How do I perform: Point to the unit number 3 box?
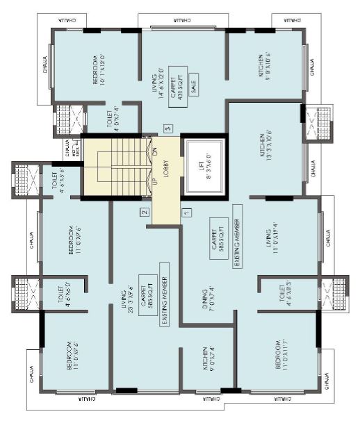(x=167, y=128)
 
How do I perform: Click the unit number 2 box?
(x=143, y=213)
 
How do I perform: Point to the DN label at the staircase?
(x=156, y=151)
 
